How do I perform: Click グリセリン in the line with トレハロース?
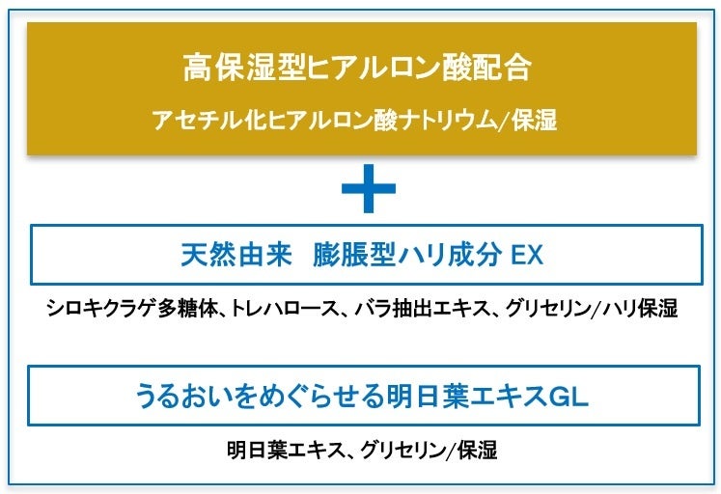pyautogui.click(x=547, y=310)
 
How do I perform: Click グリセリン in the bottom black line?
pyautogui.click(x=404, y=450)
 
